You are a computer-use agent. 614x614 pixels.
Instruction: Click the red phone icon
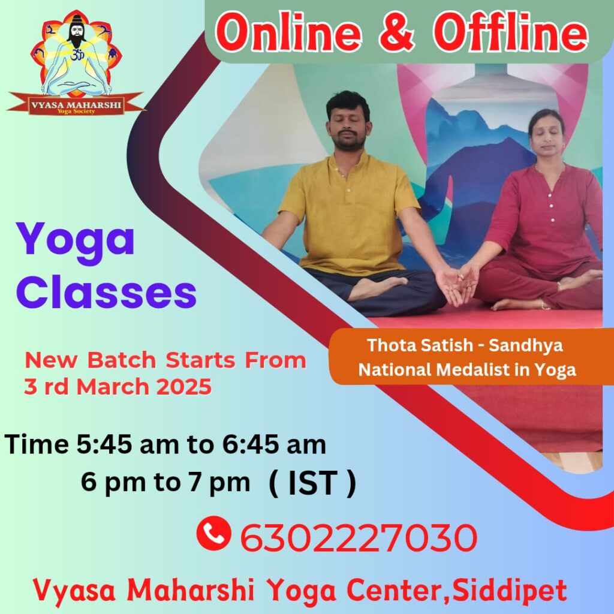(x=213, y=533)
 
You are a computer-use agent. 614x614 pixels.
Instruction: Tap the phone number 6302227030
(x=359, y=537)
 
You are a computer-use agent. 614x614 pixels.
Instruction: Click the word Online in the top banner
(x=288, y=32)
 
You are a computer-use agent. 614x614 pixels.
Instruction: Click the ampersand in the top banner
(x=396, y=33)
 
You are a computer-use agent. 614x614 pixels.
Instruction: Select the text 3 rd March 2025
(x=118, y=387)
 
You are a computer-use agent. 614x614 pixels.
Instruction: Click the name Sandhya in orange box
(x=526, y=345)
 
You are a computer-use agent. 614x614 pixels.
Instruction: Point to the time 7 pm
(x=219, y=483)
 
